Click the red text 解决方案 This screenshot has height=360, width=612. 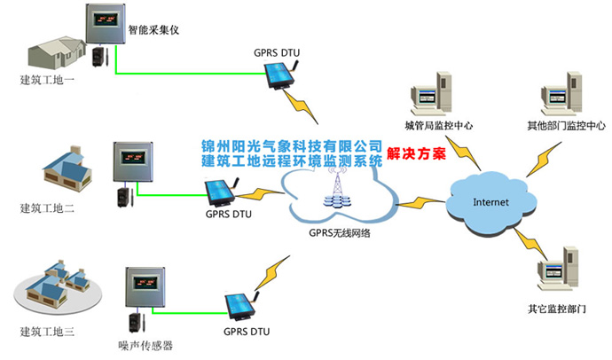(x=416, y=153)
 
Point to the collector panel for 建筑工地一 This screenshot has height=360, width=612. (x=107, y=24)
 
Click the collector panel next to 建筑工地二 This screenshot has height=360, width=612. (x=135, y=162)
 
